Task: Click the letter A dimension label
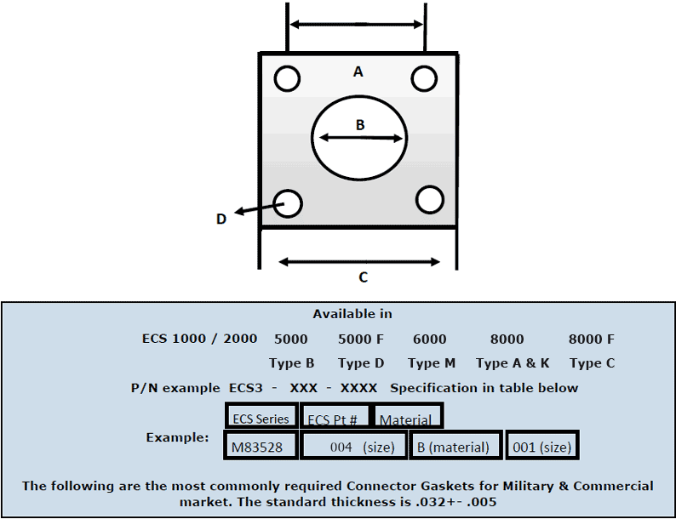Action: (x=358, y=72)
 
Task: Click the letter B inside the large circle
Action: (x=360, y=125)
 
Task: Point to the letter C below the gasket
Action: (x=363, y=277)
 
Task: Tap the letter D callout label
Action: (x=221, y=219)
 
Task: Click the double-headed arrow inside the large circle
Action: (x=360, y=138)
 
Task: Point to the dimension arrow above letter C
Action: (x=359, y=261)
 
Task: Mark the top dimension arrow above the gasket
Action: (x=357, y=25)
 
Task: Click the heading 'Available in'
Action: (x=352, y=314)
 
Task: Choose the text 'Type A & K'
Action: (x=513, y=363)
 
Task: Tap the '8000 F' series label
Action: (x=592, y=339)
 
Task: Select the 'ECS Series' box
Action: (x=261, y=416)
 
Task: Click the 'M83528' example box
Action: (x=261, y=445)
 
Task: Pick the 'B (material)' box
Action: (x=455, y=445)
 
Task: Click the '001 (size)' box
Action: (x=542, y=445)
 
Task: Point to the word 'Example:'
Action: (x=177, y=437)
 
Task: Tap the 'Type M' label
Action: (x=432, y=363)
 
